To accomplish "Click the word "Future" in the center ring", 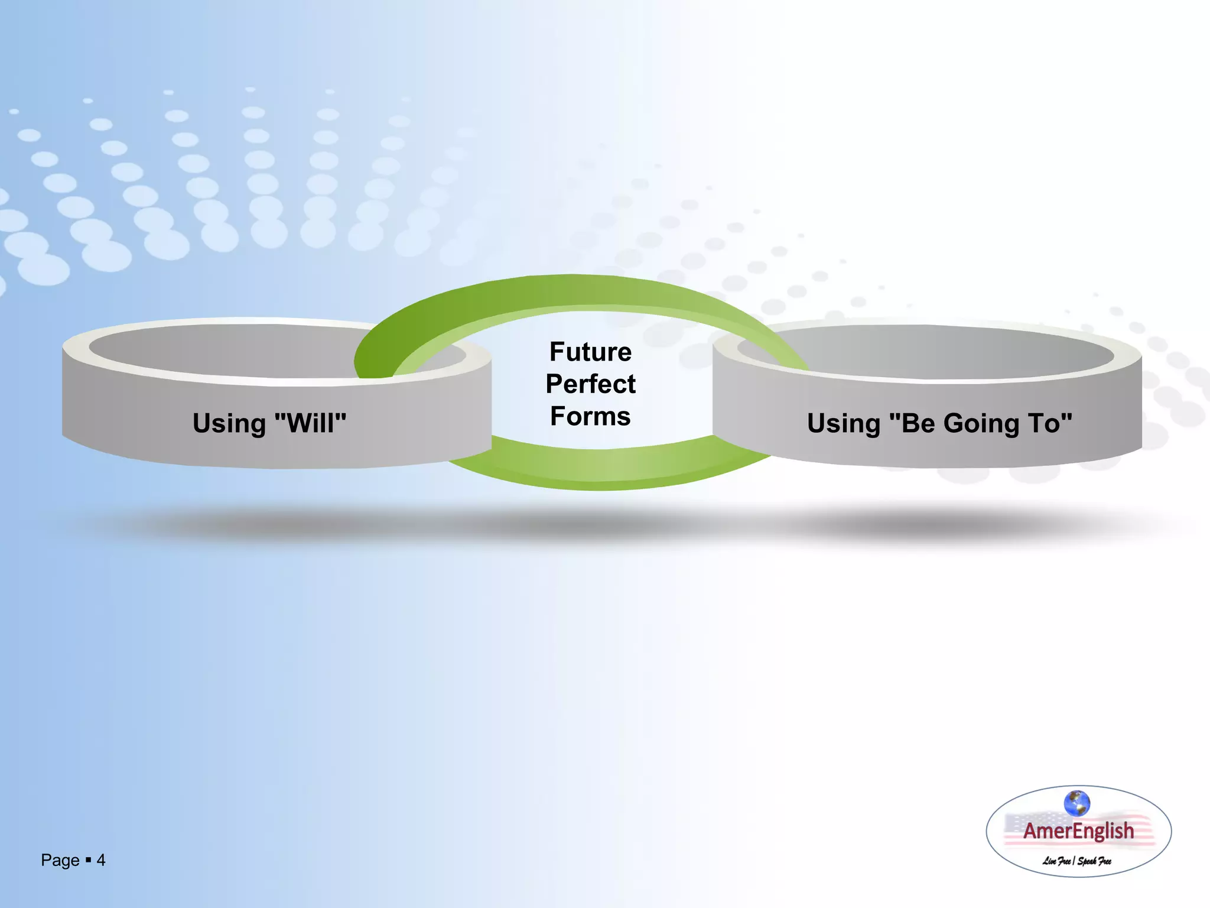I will pyautogui.click(x=590, y=352).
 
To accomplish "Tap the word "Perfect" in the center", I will pyautogui.click(x=590, y=384).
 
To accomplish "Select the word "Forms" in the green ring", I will pyautogui.click(x=590, y=417).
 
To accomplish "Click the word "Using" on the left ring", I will pyautogui.click(x=229, y=424).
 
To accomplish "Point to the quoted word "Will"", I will pyautogui.click(x=311, y=423).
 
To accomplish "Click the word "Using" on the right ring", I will pyautogui.click(x=844, y=424).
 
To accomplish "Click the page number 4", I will pyautogui.click(x=101, y=860).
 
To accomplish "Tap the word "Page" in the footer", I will pyautogui.click(x=60, y=861).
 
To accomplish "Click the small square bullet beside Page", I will pyautogui.click(x=88, y=860).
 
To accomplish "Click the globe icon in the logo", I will pyautogui.click(x=1076, y=803).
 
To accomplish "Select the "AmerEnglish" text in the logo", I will pyautogui.click(x=1078, y=831).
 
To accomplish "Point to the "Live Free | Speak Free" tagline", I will pyautogui.click(x=1076, y=861).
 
